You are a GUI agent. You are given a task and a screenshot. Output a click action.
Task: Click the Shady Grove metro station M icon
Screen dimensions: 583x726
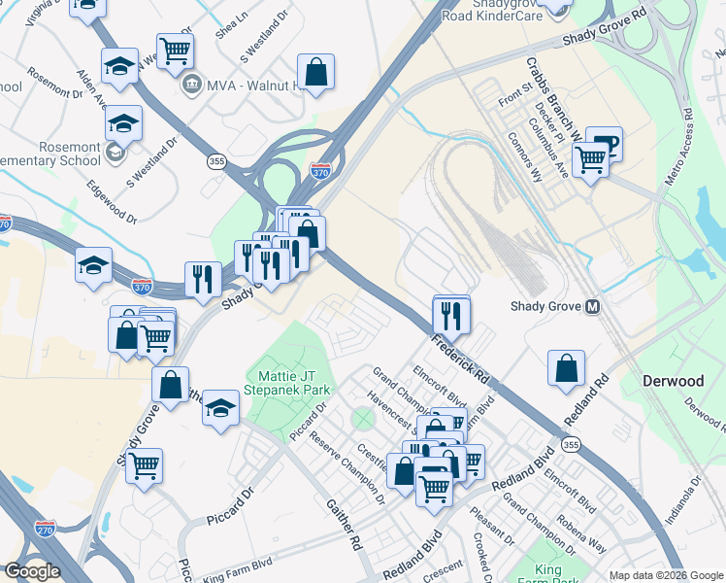click(591, 306)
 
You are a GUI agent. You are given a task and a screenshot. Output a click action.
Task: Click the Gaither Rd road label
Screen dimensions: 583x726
click(344, 530)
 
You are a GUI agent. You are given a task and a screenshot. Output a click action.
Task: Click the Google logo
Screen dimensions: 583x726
click(32, 571)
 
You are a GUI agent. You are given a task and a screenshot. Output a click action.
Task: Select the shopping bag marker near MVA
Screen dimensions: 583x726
click(315, 72)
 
